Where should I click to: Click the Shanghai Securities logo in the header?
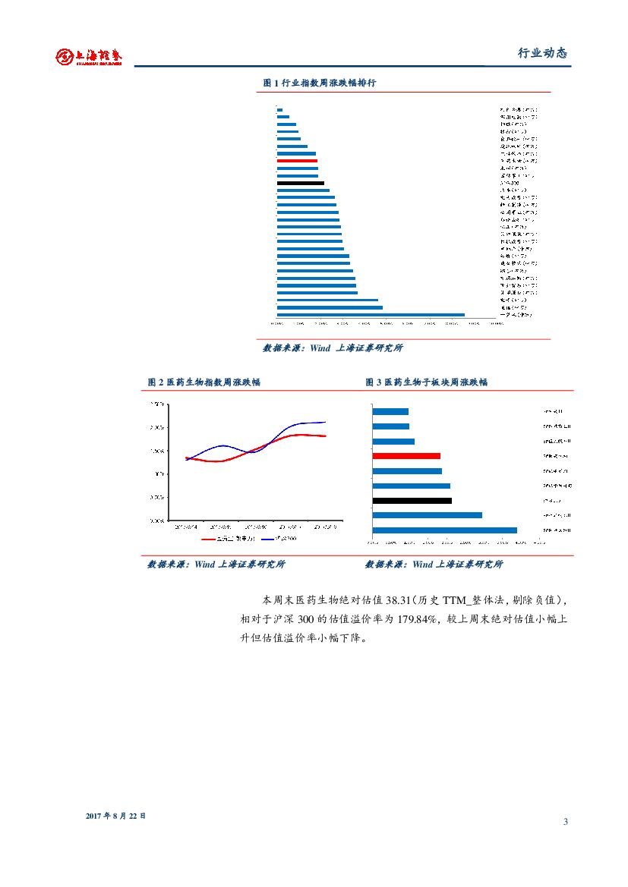(89, 56)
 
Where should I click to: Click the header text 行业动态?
(542, 53)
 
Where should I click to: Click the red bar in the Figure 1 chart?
(297, 161)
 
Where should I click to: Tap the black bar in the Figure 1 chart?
(300, 183)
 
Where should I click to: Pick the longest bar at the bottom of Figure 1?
(371, 314)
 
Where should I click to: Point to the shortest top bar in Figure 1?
(279, 110)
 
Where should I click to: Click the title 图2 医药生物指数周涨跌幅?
(204, 382)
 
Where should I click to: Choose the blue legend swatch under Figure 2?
(267, 539)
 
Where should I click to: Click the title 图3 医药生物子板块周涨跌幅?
(426, 382)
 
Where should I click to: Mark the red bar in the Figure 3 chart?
(406, 456)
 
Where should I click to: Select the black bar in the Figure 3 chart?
(412, 500)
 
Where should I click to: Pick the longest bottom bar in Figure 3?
(444, 530)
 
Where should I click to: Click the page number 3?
(566, 822)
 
